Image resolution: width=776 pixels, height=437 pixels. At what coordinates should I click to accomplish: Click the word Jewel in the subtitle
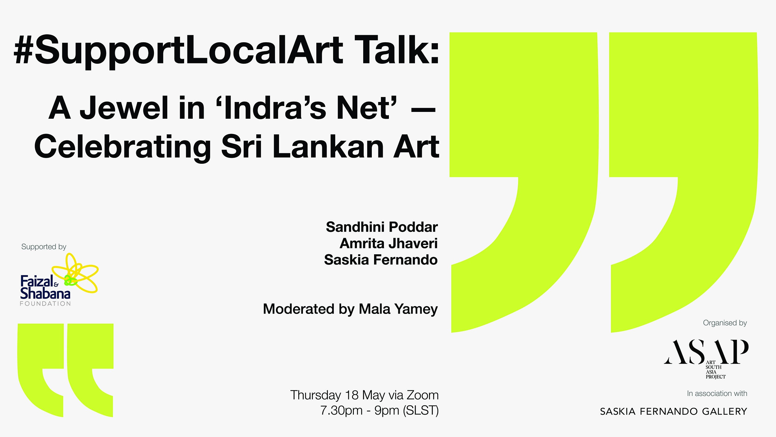click(124, 108)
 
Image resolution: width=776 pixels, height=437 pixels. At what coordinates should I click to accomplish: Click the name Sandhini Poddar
click(381, 227)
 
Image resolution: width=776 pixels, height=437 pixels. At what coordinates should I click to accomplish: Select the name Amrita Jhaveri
click(389, 243)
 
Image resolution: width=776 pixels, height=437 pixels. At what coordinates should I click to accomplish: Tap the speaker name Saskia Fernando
click(381, 260)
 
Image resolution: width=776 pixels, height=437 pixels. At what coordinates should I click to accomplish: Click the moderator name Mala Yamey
click(398, 309)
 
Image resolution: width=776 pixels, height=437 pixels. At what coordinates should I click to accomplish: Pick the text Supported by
click(44, 247)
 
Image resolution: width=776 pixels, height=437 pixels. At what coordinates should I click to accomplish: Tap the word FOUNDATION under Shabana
click(45, 304)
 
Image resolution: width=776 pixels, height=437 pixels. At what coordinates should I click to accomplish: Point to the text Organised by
click(725, 323)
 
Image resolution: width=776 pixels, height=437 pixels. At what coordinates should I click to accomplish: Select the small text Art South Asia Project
click(715, 370)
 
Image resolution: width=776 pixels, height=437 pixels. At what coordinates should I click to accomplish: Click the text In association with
click(717, 393)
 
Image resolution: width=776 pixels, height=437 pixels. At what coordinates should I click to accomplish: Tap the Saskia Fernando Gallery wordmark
click(674, 412)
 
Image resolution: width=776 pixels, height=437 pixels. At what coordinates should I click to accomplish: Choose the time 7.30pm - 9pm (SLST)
click(379, 411)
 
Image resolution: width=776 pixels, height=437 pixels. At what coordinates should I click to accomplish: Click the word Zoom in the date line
click(422, 395)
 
